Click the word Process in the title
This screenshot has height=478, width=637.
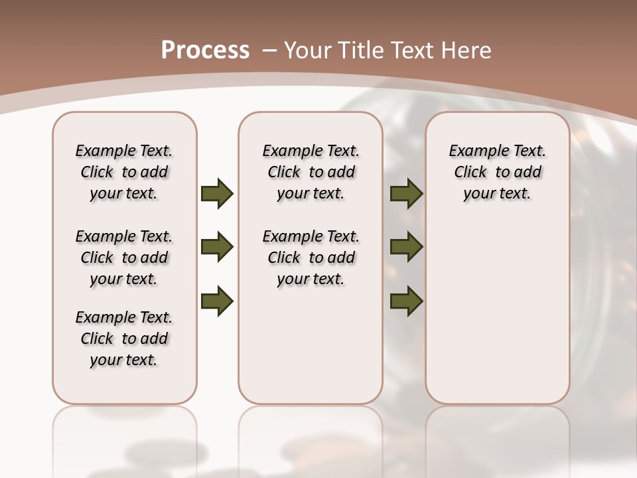[205, 50]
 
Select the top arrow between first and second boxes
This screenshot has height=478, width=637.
[217, 193]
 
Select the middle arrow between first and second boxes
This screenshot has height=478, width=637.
[217, 247]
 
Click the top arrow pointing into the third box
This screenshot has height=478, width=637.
[406, 193]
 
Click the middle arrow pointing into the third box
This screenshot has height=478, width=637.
[406, 247]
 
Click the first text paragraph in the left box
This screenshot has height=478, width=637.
[124, 172]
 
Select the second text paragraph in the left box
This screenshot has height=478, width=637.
[124, 258]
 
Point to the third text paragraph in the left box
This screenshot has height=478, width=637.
[124, 339]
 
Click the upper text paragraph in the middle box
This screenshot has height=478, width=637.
[311, 172]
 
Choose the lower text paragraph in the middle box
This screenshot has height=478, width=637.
[311, 258]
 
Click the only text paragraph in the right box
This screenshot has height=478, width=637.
[497, 172]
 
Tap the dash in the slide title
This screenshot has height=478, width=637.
[269, 51]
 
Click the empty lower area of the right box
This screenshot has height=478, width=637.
[497, 319]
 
